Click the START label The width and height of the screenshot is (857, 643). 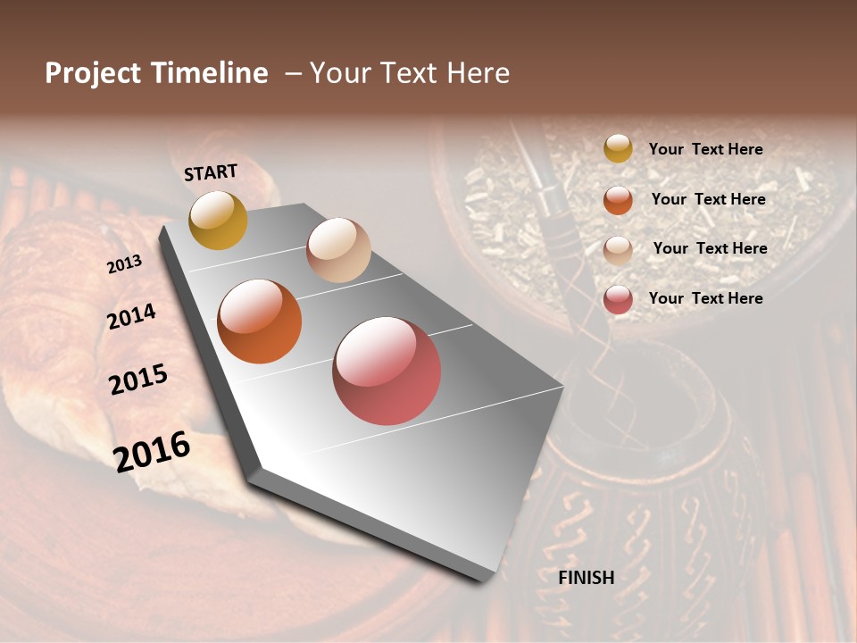click(211, 172)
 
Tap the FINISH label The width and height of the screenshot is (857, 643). click(587, 578)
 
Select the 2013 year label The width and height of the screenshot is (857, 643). click(125, 264)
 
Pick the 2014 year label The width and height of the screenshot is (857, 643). click(132, 317)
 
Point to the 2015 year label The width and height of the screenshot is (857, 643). click(138, 380)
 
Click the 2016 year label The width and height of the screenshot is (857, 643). click(152, 452)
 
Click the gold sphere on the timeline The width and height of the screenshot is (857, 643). click(218, 220)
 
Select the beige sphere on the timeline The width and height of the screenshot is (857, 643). click(338, 249)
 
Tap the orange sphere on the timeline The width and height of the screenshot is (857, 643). click(260, 321)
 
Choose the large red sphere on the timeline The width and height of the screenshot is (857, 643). click(387, 371)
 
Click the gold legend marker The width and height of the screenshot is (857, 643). click(618, 149)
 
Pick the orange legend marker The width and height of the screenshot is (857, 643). click(618, 200)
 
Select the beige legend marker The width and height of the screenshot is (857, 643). click(618, 249)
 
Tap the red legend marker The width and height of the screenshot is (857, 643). click(618, 299)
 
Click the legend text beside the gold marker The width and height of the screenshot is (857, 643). click(706, 150)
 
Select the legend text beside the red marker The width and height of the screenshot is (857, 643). click(706, 298)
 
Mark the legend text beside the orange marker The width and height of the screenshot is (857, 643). click(709, 199)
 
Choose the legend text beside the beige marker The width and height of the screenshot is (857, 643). click(711, 248)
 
